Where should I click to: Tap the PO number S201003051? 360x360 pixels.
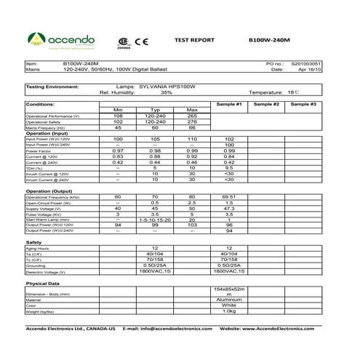coord(306,64)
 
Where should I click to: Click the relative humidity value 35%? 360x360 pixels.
coord(167,93)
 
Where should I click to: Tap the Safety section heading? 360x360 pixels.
coord(34,241)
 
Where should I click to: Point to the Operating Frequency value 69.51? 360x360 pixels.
coord(229,197)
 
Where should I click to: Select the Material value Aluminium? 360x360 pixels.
coord(229,299)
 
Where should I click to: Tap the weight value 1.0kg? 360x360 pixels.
coord(229,311)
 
